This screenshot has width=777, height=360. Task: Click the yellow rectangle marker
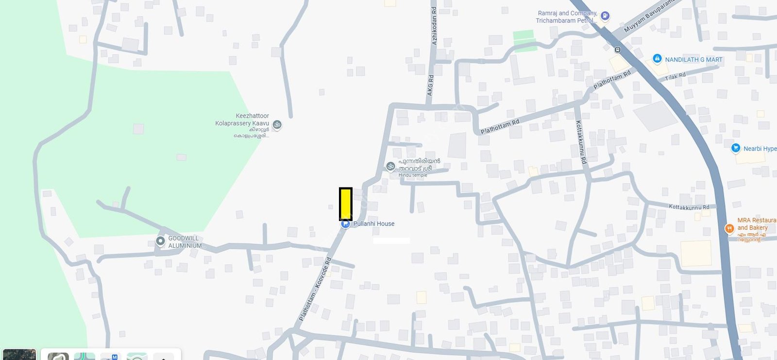pyautogui.click(x=345, y=204)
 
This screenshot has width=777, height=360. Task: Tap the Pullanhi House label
pyautogui.click(x=373, y=224)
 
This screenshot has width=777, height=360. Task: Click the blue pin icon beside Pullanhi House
pyautogui.click(x=345, y=224)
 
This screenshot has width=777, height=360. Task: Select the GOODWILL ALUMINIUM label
pyautogui.click(x=186, y=242)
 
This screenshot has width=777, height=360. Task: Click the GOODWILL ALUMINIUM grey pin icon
pyautogui.click(x=160, y=241)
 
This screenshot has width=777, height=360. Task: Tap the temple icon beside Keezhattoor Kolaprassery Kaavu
pyautogui.click(x=277, y=124)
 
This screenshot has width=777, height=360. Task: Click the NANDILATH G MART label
pyautogui.click(x=693, y=60)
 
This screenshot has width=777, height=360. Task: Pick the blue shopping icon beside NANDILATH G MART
pyautogui.click(x=657, y=59)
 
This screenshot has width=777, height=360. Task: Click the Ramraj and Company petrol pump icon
pyautogui.click(x=605, y=16)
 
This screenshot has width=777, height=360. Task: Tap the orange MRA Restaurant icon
pyautogui.click(x=729, y=228)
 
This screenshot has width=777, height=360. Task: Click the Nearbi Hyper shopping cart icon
pyautogui.click(x=736, y=148)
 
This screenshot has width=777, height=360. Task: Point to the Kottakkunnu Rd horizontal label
pyautogui.click(x=689, y=207)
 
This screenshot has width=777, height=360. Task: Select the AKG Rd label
pyautogui.click(x=430, y=85)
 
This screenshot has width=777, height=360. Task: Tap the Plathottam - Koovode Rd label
pyautogui.click(x=315, y=290)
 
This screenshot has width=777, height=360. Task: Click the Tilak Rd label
pyautogui.click(x=675, y=76)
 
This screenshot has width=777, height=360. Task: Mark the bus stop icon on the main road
pyautogui.click(x=617, y=49)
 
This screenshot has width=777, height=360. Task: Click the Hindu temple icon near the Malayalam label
pyautogui.click(x=390, y=167)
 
